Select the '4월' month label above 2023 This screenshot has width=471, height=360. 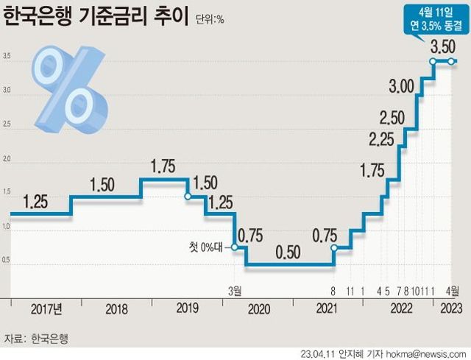[451, 291]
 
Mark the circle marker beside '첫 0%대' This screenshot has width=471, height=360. [235, 247]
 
